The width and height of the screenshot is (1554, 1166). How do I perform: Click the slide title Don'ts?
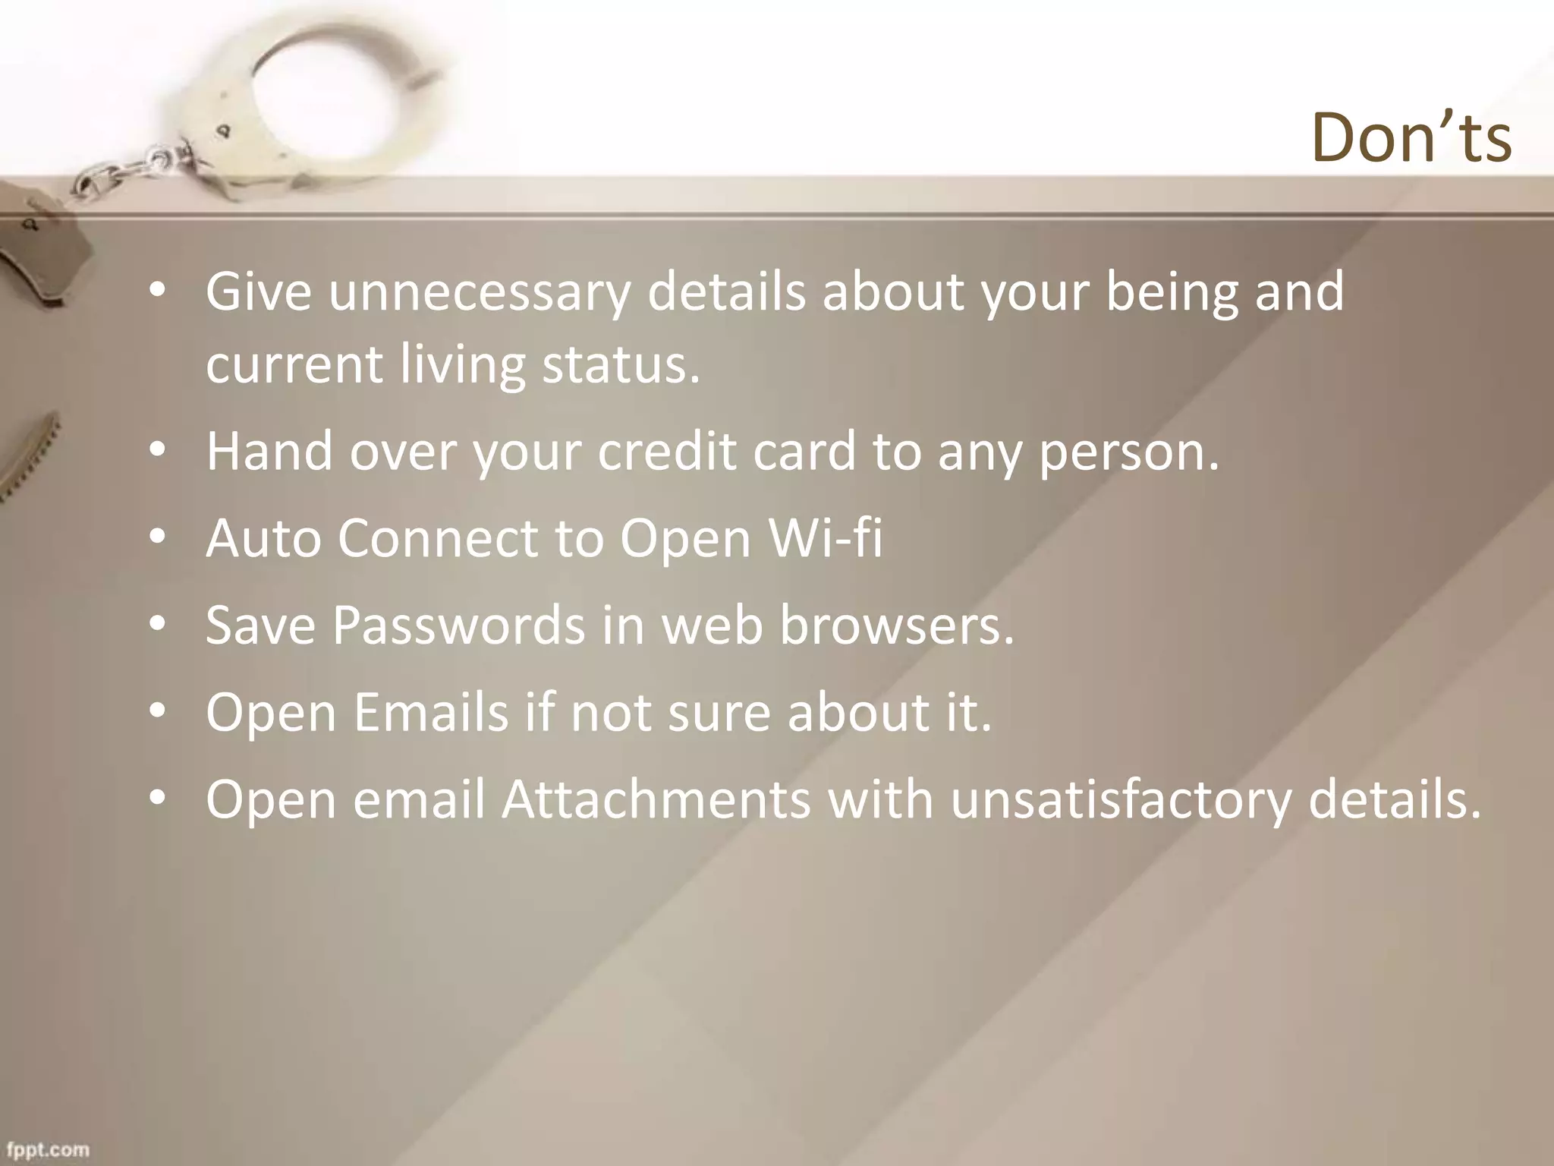coord(1411,138)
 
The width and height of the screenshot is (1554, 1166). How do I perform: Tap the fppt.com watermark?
coord(49,1149)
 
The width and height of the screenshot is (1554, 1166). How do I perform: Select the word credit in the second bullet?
coord(666,452)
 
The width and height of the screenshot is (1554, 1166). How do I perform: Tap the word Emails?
coord(430,713)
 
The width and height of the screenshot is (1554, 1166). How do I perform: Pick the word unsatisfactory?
coord(1120,800)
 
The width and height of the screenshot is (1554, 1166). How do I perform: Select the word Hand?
coord(269,452)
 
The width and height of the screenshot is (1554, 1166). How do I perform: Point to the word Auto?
coord(263,538)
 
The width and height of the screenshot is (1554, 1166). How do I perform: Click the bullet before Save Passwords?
coord(157,624)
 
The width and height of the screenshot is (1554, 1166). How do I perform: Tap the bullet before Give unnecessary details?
coord(157,291)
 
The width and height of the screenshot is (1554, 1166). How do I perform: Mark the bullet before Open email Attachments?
coord(157,799)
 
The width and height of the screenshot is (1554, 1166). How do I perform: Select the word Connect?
coord(438,538)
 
